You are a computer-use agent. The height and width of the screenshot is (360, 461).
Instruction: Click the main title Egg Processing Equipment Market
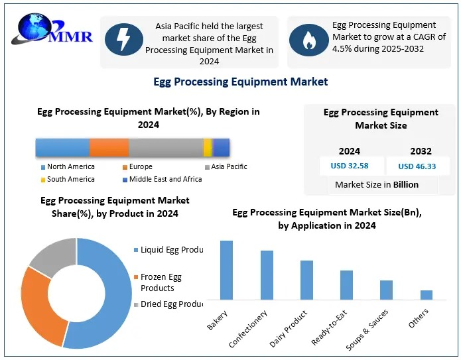[x=240, y=82]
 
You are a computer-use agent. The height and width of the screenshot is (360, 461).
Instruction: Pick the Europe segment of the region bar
[x=109, y=147]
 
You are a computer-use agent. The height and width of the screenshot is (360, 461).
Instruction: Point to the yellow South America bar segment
[x=208, y=147]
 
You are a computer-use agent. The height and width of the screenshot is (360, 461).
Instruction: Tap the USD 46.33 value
[x=417, y=166]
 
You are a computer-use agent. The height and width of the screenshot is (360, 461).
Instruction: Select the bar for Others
[x=427, y=294]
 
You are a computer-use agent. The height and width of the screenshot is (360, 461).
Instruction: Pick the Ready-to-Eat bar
[x=346, y=284]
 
